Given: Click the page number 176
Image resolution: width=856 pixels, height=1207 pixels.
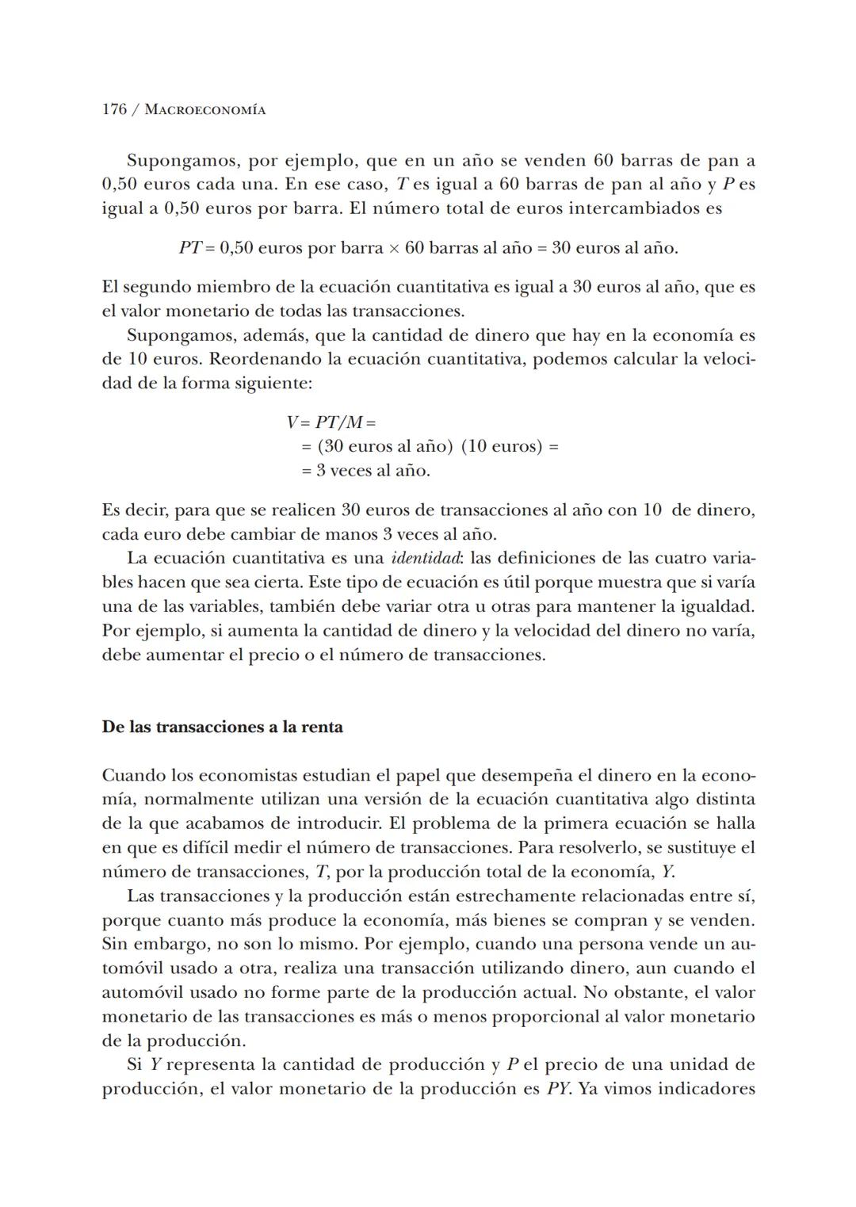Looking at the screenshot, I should [x=114, y=109].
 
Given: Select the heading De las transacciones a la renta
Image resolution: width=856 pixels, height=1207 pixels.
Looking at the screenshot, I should [x=222, y=727].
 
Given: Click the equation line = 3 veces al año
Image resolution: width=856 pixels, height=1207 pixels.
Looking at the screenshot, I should [x=365, y=470].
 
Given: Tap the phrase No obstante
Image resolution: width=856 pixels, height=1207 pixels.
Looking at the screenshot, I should [x=643, y=992].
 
